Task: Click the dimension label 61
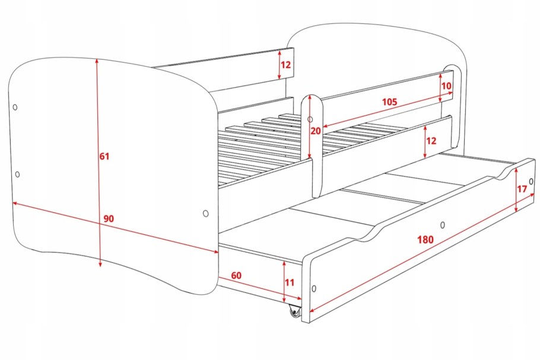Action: click(x=104, y=156)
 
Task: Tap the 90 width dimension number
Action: click(x=109, y=218)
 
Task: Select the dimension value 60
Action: click(x=236, y=275)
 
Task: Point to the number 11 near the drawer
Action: click(x=290, y=282)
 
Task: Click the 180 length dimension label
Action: click(x=425, y=239)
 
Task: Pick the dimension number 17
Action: click(x=522, y=189)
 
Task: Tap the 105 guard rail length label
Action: click(x=389, y=102)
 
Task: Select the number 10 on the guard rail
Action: click(x=446, y=85)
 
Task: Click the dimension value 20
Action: click(x=316, y=131)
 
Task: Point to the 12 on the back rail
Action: click(x=286, y=65)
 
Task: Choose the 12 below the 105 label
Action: click(x=431, y=141)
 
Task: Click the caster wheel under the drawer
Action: click(x=295, y=312)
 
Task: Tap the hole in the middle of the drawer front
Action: click(x=443, y=225)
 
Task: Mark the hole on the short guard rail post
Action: click(x=310, y=119)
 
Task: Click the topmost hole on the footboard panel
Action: click(x=15, y=107)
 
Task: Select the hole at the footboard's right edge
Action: click(x=205, y=214)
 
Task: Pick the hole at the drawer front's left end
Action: click(x=314, y=288)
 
